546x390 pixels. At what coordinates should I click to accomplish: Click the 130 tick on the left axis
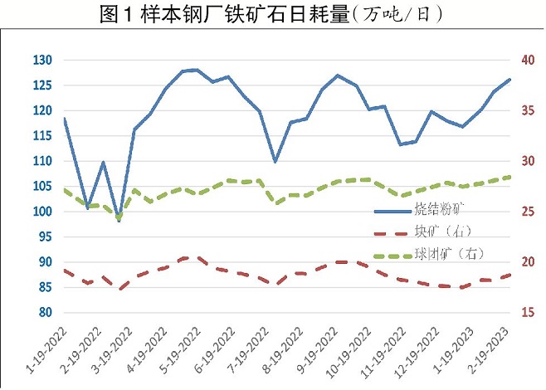coord(42,61)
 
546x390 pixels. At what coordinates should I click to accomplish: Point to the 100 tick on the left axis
coord(42,212)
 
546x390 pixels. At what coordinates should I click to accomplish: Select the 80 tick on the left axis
coord(45,313)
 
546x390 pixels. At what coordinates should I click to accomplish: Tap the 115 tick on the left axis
coord(42,136)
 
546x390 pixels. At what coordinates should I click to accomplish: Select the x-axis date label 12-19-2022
coord(418,352)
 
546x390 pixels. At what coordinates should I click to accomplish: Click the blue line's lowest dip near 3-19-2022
coord(119,221)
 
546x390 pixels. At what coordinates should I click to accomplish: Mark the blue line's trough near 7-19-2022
coord(275,162)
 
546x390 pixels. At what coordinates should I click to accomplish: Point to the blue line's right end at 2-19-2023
coord(509,80)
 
